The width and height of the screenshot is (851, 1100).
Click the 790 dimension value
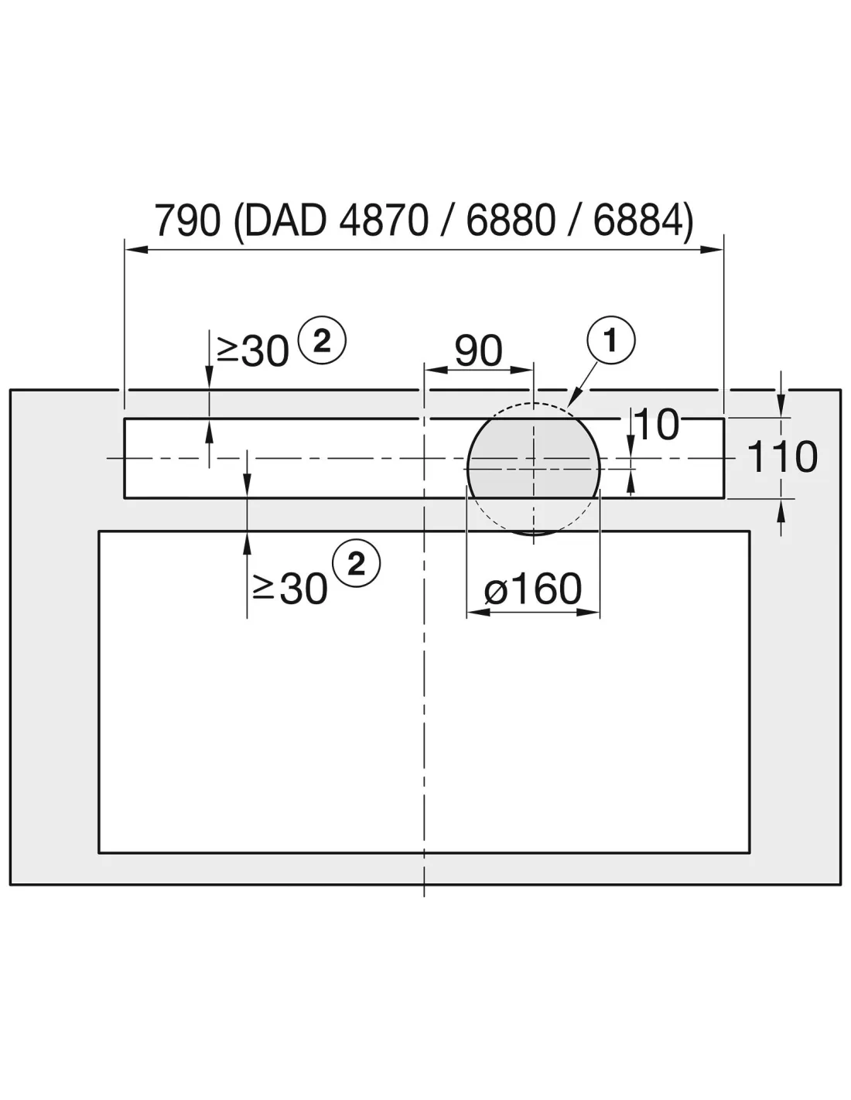187,220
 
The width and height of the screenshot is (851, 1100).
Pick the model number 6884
638,220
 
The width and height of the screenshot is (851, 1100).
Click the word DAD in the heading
285,220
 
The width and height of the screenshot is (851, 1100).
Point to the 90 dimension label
478,350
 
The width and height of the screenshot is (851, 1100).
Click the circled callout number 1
611,340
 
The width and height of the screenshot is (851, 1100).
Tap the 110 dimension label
782,456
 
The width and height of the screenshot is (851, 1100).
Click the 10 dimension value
657,424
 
